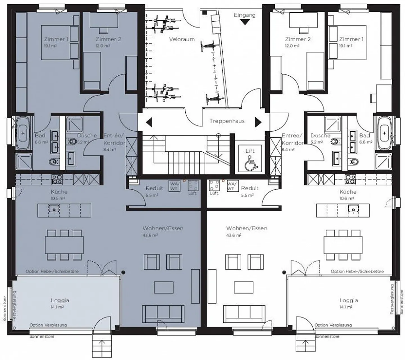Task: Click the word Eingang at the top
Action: (245, 15)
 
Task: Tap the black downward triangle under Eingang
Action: (245, 22)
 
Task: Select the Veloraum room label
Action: (182, 39)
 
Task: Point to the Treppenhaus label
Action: (227, 121)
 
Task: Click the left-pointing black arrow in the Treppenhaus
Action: (149, 123)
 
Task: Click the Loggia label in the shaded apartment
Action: (60, 300)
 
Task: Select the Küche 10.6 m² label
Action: (348, 192)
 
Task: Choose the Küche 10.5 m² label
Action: (59, 192)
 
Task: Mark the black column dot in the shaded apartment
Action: (123, 272)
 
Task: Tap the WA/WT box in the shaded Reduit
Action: (174, 186)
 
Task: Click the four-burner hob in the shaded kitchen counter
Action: (57, 179)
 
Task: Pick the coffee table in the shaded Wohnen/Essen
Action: (163, 287)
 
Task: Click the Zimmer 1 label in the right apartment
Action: (351, 39)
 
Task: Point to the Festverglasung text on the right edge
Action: (392, 299)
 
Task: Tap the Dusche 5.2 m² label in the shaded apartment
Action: (87, 136)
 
